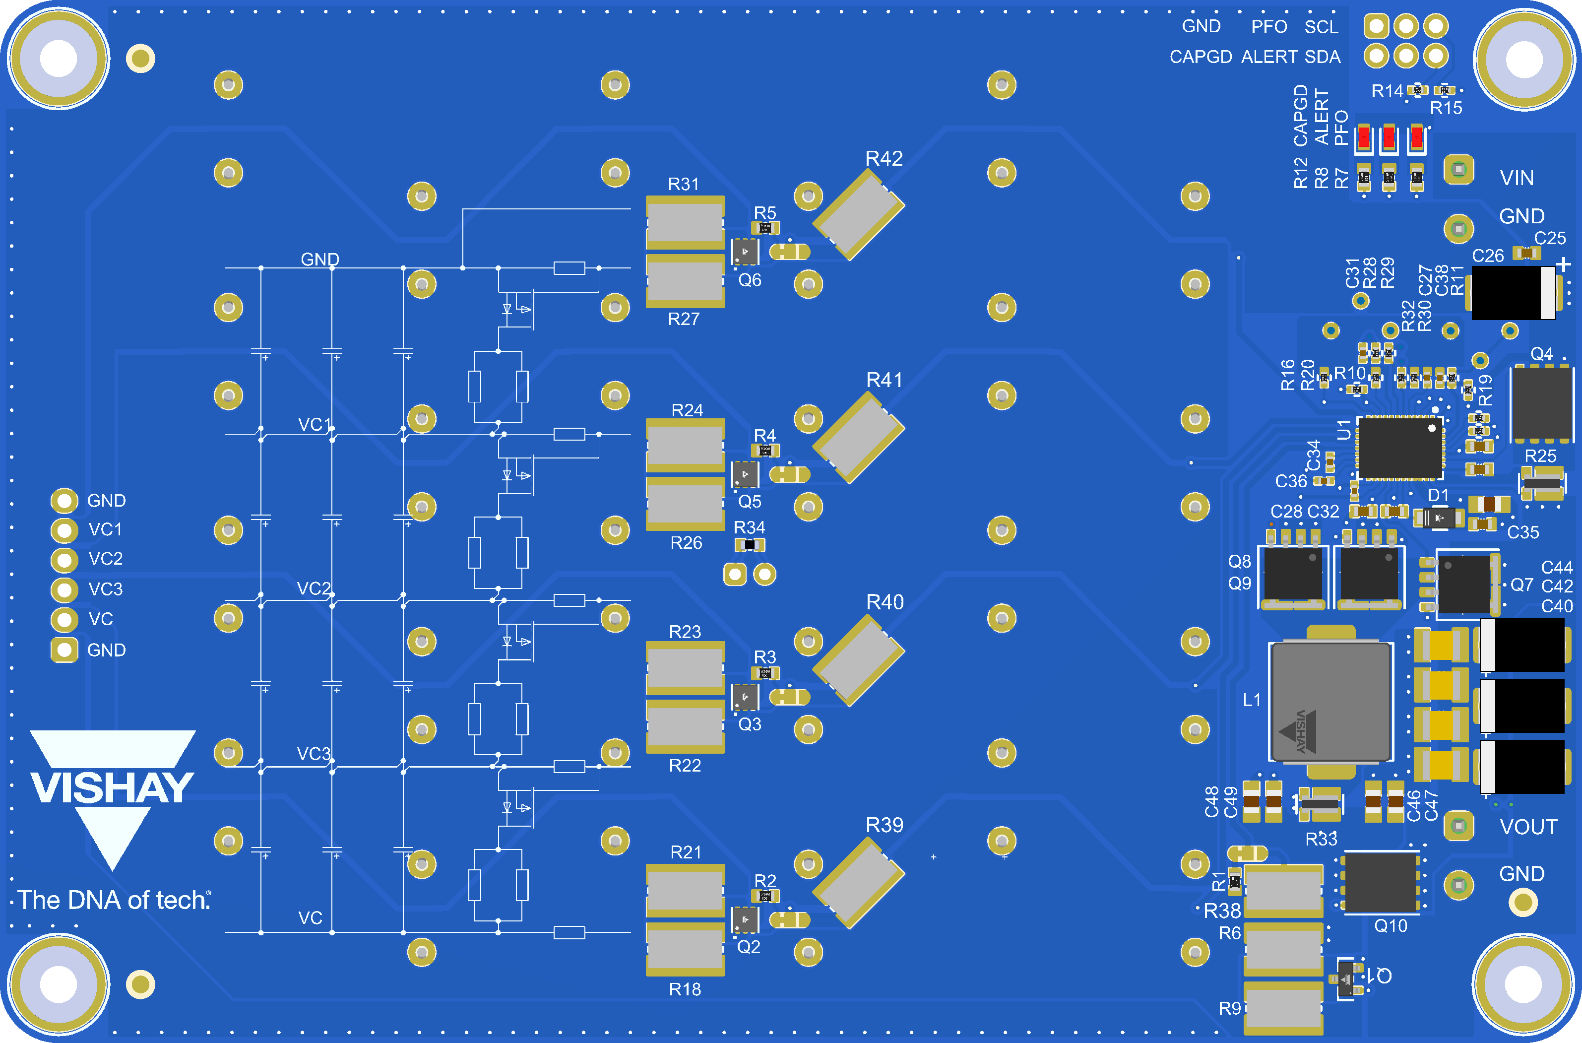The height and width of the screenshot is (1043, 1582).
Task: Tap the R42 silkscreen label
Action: pos(884,158)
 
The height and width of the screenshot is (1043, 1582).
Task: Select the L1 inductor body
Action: pos(1330,702)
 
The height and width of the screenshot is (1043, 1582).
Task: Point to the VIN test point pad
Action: pos(1458,170)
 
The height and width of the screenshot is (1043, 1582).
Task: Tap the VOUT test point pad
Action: pos(1458,826)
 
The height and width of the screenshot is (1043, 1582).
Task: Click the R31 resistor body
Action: pos(685,223)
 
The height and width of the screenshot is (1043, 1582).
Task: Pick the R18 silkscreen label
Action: pos(685,989)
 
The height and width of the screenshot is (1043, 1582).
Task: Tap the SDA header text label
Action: pos(1322,57)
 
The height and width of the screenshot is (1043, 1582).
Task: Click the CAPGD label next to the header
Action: pos(1201,57)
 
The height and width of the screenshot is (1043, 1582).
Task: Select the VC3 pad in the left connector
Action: pos(64,589)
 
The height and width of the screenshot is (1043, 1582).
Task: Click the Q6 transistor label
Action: pos(750,280)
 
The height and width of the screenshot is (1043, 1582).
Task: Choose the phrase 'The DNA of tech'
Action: pos(114,900)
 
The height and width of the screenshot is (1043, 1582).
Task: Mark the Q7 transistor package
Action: pos(1463,584)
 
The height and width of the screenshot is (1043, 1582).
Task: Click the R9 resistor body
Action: pos(1283,1008)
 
